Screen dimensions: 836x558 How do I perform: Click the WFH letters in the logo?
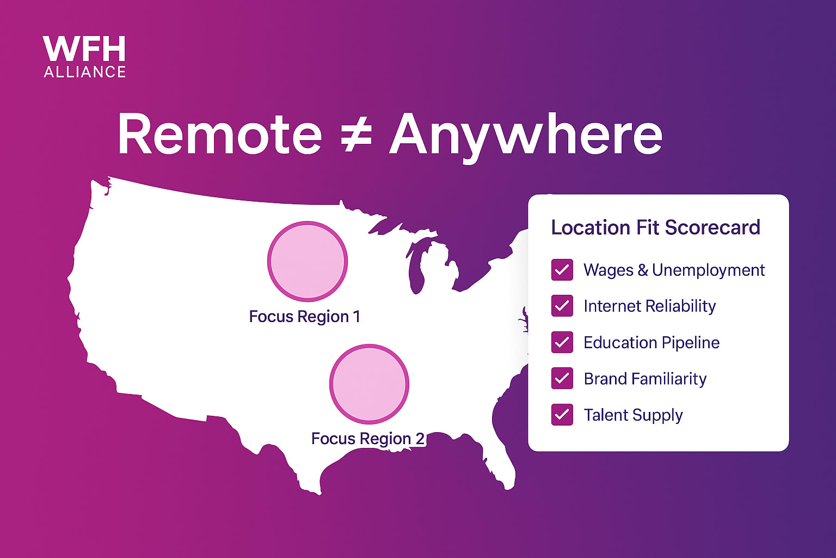[84, 50]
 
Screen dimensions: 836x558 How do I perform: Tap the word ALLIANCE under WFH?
[85, 72]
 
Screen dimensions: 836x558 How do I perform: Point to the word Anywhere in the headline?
[526, 135]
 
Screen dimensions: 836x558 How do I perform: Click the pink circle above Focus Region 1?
[308, 261]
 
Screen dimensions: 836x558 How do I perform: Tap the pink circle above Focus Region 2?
[369, 384]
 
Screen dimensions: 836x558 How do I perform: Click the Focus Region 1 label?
[304, 317]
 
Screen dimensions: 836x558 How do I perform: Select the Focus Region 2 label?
[367, 439]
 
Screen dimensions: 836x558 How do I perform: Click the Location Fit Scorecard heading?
[655, 227]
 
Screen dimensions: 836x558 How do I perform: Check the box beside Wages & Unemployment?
[562, 270]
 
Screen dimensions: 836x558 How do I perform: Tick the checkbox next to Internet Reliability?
[562, 306]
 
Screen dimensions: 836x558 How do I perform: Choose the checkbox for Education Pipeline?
[562, 342]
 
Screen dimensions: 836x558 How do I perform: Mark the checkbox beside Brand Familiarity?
[562, 379]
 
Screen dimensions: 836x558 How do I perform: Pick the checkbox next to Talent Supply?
[562, 415]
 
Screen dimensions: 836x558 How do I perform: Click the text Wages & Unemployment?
[674, 270]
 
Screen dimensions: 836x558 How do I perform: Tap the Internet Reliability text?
[649, 306]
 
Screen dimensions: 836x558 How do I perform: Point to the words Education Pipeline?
[651, 342]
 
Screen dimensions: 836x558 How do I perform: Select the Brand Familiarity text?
[645, 379]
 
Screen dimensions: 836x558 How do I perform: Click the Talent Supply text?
[633, 415]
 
